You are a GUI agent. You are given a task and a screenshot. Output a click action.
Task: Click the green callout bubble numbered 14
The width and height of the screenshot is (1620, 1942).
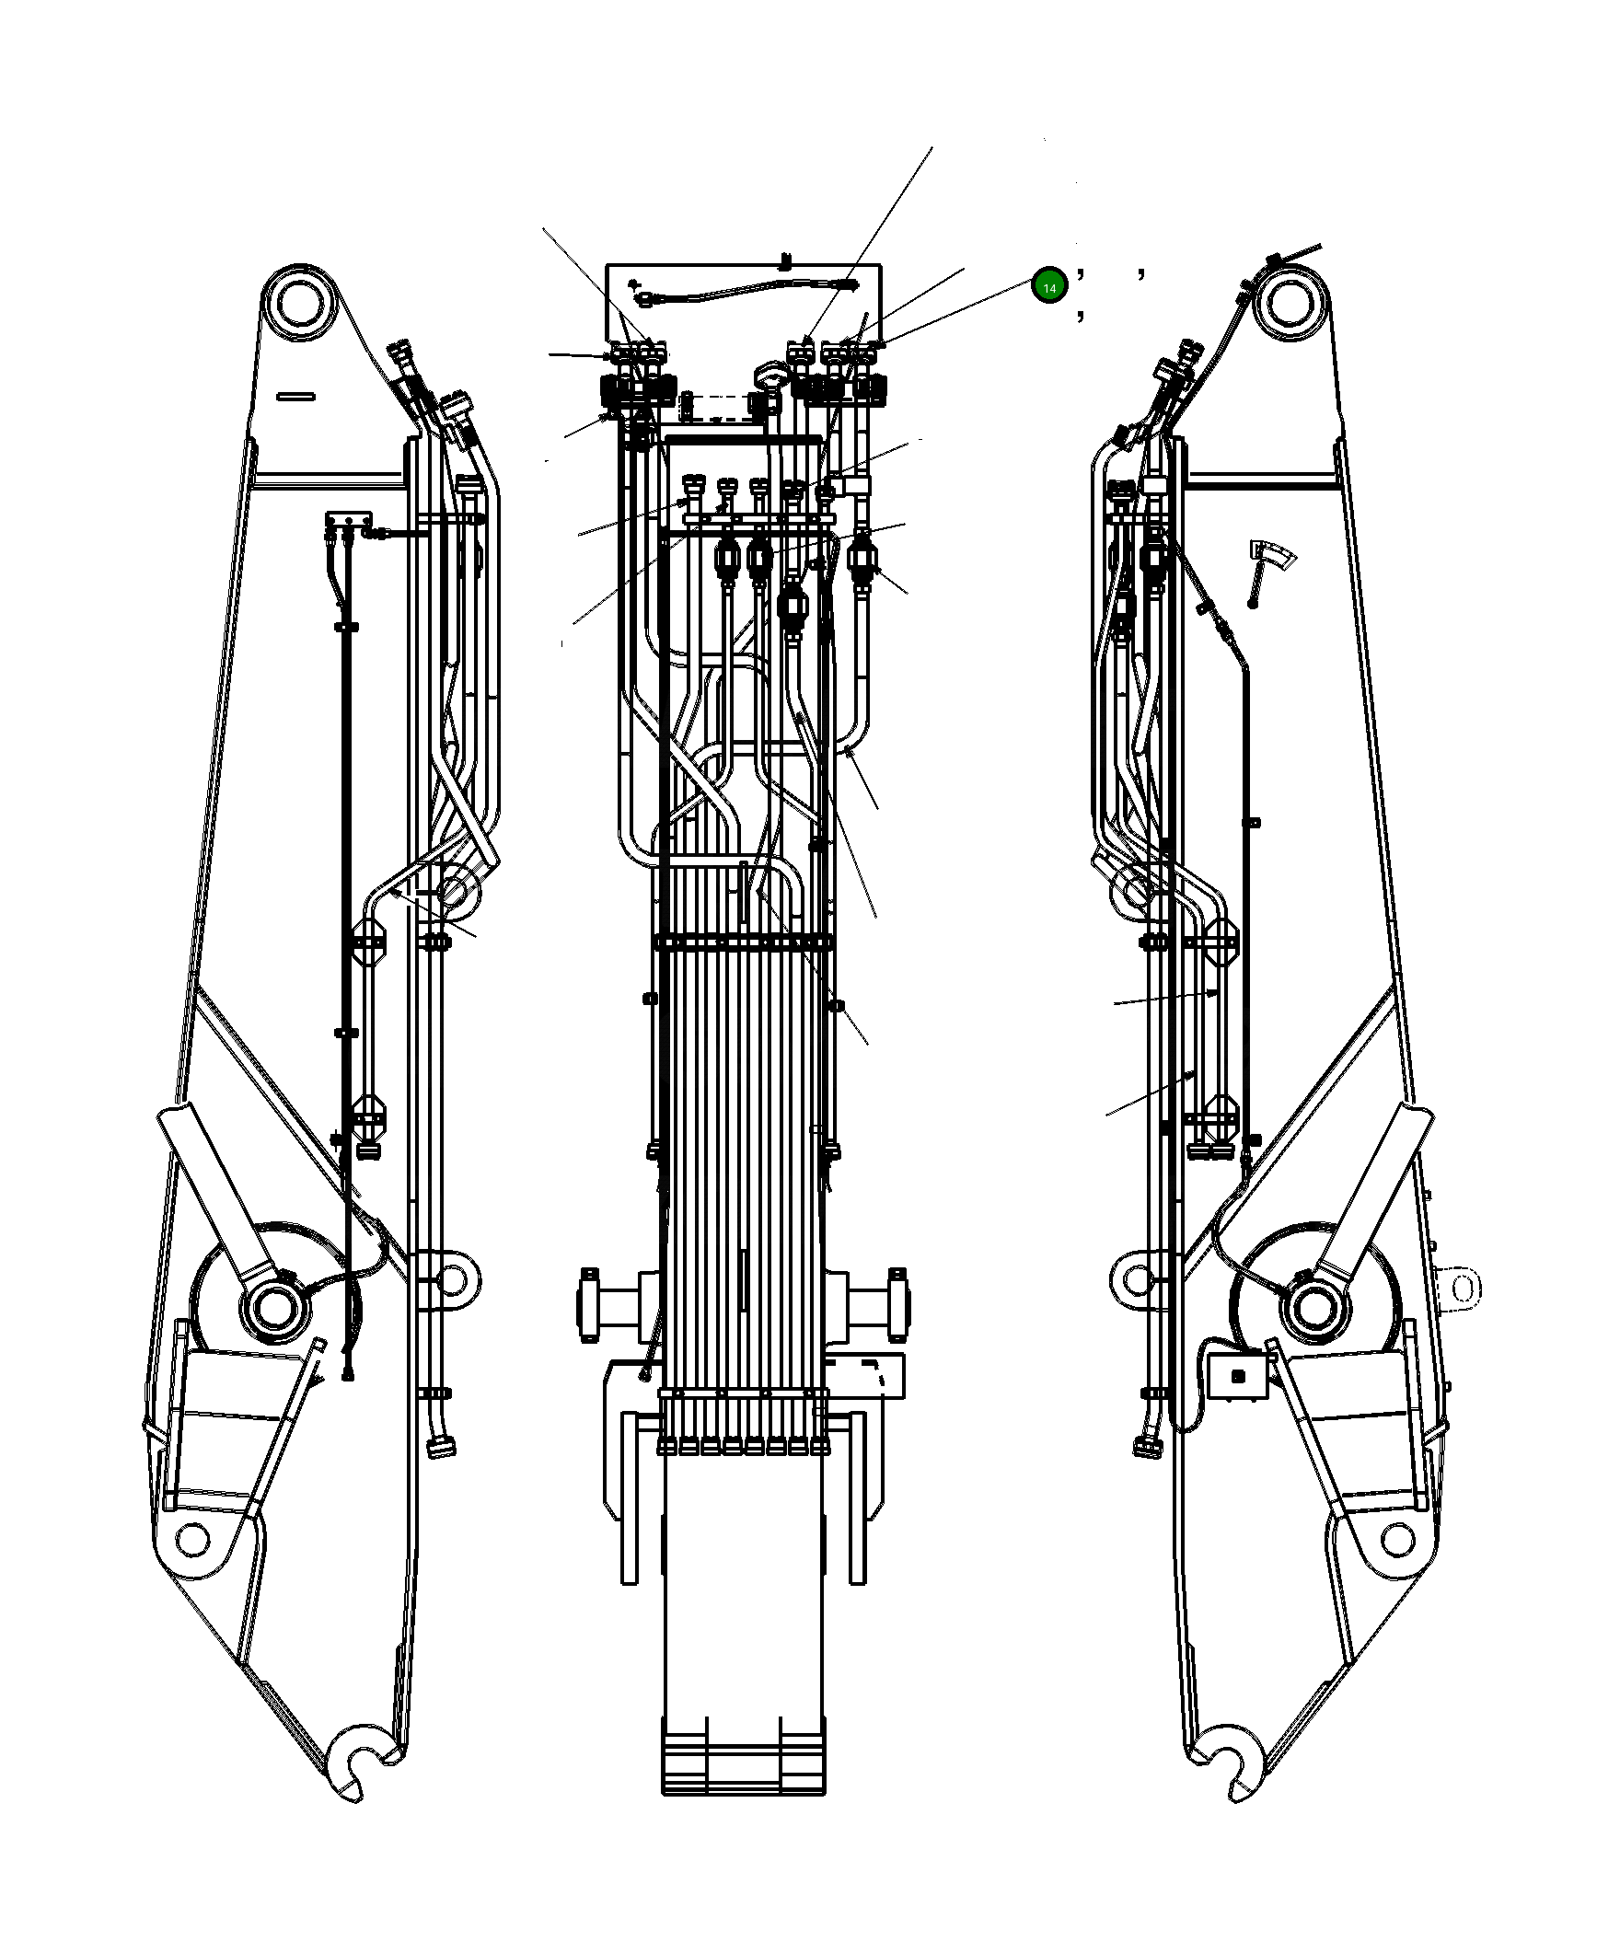click(x=1049, y=287)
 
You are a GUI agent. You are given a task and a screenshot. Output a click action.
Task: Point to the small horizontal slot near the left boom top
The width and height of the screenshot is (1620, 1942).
click(x=295, y=397)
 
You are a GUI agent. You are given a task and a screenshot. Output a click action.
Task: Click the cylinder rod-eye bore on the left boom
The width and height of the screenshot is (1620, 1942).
click(x=274, y=1307)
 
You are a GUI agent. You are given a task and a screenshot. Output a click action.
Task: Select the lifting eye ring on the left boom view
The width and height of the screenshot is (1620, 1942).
click(x=452, y=1280)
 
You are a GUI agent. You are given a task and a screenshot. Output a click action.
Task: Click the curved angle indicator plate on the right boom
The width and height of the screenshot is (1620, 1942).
click(x=1273, y=557)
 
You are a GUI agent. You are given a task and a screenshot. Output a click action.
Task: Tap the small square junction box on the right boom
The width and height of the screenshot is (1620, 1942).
click(x=1238, y=1378)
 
